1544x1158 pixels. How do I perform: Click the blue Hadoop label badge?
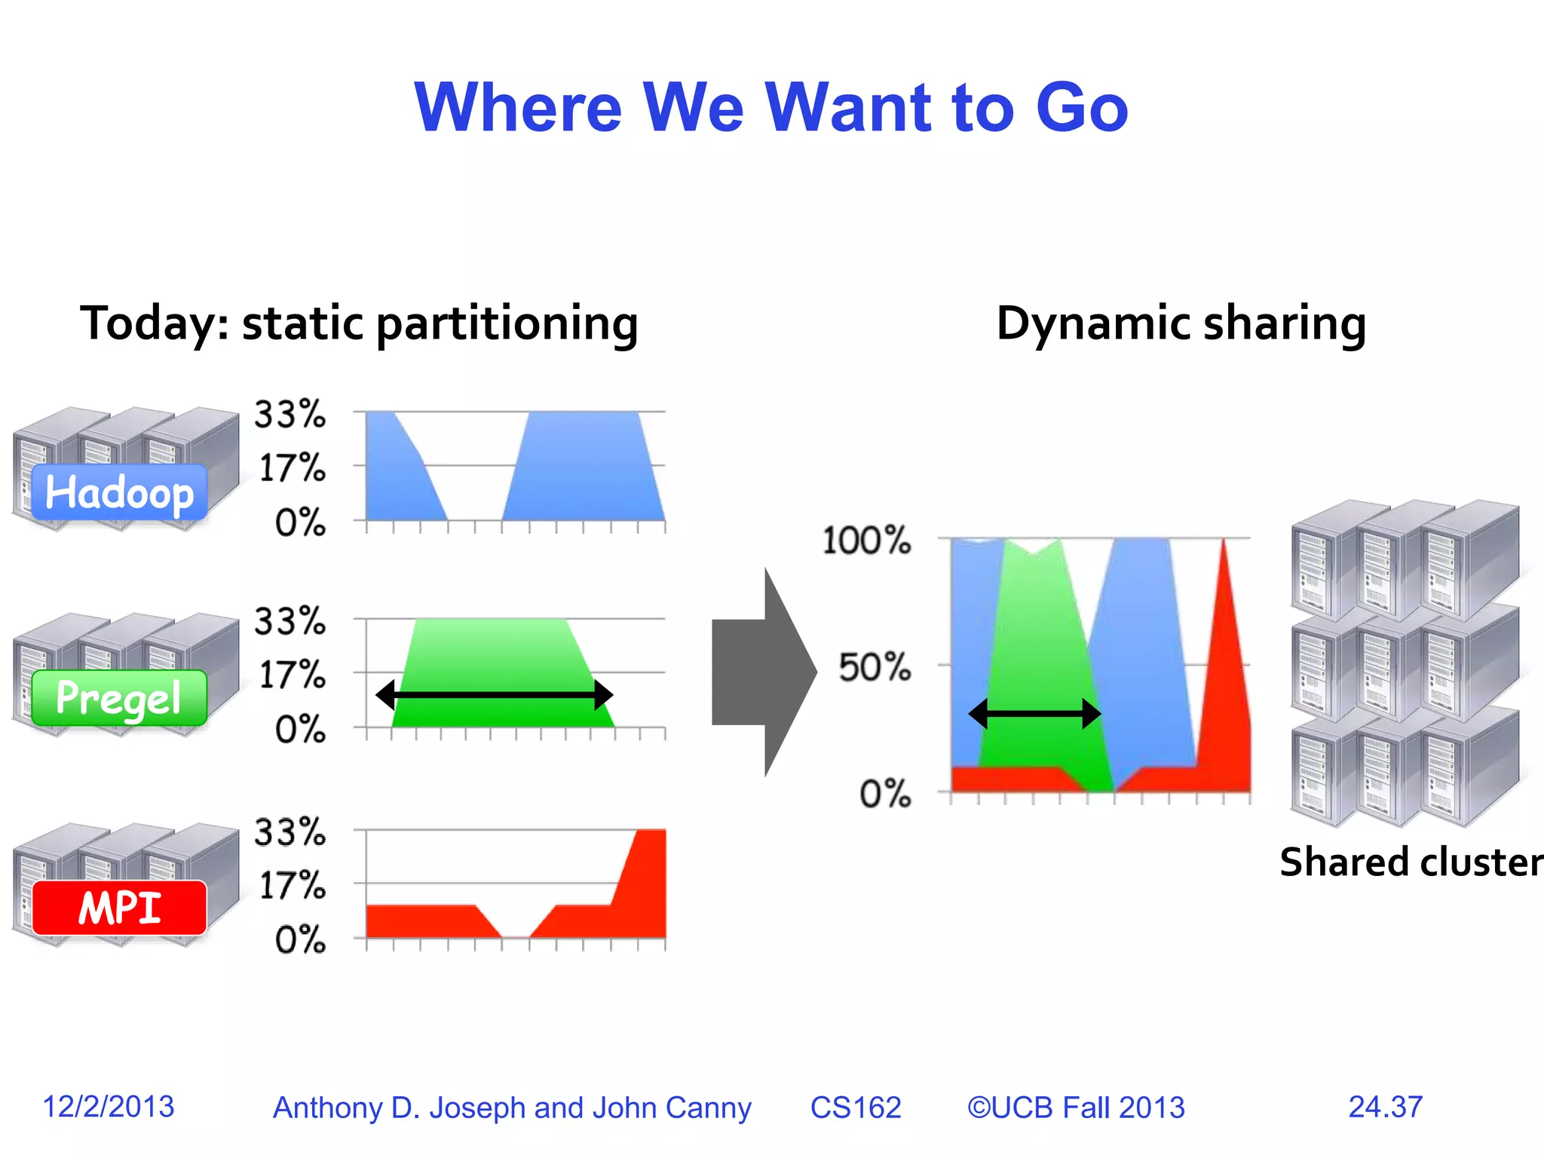pos(119,492)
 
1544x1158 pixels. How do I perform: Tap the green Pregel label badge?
pos(119,698)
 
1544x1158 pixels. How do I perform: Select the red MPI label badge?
pos(119,907)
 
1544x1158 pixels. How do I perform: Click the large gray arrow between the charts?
pos(763,672)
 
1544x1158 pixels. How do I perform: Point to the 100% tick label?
pos(866,541)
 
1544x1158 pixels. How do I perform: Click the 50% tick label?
pos(875,667)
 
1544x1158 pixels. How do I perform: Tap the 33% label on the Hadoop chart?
pos(290,415)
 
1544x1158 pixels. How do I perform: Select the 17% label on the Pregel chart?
pos(292,675)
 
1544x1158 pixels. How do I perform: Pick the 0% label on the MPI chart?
pos(300,940)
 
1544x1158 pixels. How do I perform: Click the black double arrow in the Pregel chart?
pos(494,695)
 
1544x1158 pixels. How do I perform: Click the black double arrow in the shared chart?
pos(1034,713)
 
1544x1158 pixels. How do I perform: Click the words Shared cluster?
pos(1411,862)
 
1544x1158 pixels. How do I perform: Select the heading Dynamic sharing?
pos(1181,323)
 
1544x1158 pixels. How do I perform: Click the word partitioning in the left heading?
pos(507,324)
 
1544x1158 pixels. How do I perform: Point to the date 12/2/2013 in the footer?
pos(109,1107)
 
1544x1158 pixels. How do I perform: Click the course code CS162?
pos(856,1107)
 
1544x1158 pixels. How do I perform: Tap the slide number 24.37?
pos(1385,1107)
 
